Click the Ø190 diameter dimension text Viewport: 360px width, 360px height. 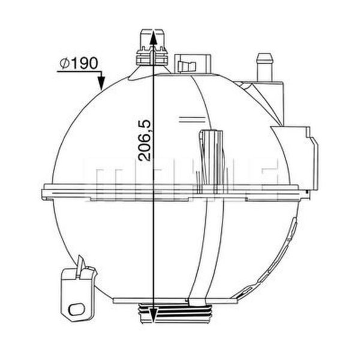click(79, 64)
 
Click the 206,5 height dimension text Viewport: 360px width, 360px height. click(145, 140)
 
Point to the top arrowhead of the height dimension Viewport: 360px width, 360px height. click(153, 37)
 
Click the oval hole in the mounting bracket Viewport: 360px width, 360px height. click(76, 310)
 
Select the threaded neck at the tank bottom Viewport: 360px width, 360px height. click(175, 313)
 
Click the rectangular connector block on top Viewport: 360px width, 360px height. click(193, 64)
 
